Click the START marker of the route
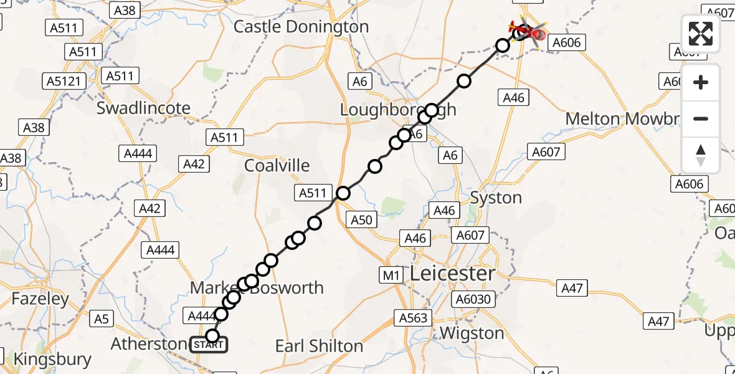click(x=209, y=344)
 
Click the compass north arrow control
click(x=701, y=155)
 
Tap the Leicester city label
click(x=452, y=273)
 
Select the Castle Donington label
click(x=301, y=27)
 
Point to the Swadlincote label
click(x=143, y=108)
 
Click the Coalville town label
click(x=277, y=165)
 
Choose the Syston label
click(x=496, y=198)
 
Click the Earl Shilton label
click(x=319, y=346)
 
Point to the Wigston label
click(x=472, y=333)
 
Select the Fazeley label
click(x=40, y=299)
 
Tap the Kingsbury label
click(x=52, y=359)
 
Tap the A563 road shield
click(x=413, y=318)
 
